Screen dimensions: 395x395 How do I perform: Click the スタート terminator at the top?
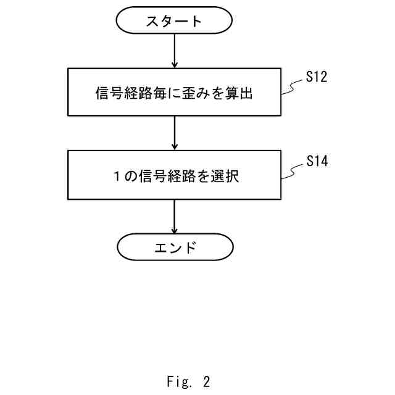pyautogui.click(x=175, y=21)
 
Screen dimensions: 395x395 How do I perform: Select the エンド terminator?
pyautogui.click(x=175, y=247)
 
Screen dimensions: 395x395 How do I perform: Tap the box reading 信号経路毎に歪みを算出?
pyautogui.click(x=175, y=92)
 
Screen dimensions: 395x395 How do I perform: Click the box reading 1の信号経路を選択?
pyautogui.click(x=175, y=175)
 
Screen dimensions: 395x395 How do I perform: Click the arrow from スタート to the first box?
pyautogui.click(x=175, y=51)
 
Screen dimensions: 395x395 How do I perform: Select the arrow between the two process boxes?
pyautogui.click(x=175, y=133)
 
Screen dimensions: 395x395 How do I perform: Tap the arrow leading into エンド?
pyautogui.click(x=175, y=216)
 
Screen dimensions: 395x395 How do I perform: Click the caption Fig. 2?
pyautogui.click(x=188, y=381)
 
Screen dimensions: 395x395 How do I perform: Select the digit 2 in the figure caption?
pyautogui.click(x=206, y=381)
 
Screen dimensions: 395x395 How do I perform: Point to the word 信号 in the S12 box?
pyautogui.click(x=109, y=93)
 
